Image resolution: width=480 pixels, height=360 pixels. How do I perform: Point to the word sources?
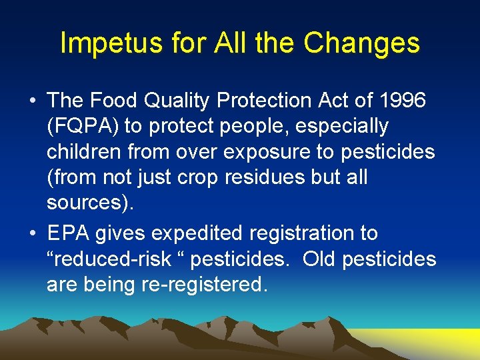pyautogui.click(x=86, y=203)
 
